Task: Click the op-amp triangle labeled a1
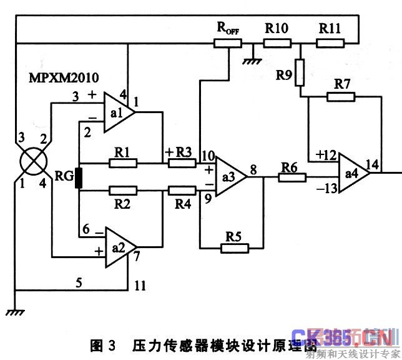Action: (118, 113)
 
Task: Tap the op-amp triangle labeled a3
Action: (228, 177)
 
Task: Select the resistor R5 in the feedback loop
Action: (234, 247)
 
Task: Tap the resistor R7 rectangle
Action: (341, 96)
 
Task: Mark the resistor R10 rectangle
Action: (277, 43)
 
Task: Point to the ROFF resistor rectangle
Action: (228, 43)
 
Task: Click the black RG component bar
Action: (79, 177)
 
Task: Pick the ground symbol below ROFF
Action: (252, 59)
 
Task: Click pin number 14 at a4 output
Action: (373, 164)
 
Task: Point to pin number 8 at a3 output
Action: (253, 168)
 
